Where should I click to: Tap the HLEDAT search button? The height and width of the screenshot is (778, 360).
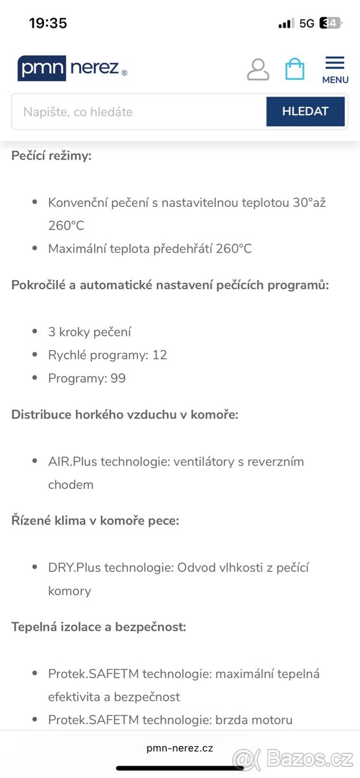coord(305,112)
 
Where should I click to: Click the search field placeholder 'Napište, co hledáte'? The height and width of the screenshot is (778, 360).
coord(78,112)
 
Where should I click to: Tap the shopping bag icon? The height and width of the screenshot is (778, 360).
coord(294,69)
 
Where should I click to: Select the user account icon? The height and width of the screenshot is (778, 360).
coord(258,69)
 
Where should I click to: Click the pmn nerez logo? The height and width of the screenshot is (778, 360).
coord(72,69)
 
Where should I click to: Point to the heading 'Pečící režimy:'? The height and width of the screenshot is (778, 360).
coord(51,156)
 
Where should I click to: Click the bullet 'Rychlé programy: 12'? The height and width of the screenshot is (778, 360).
coord(108,355)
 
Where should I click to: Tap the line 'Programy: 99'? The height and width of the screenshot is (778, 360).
coord(87,379)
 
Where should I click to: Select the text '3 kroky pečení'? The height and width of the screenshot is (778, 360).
coord(90,332)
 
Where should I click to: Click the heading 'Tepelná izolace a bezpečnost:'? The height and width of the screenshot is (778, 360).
coord(99,627)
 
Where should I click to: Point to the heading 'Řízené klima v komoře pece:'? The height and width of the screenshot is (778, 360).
coord(95,521)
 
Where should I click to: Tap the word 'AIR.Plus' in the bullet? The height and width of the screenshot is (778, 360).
coord(70,462)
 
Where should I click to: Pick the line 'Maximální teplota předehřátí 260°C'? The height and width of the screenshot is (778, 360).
coord(150,249)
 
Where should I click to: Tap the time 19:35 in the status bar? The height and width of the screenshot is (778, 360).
coord(48,23)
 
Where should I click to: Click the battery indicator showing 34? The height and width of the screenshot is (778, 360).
coord(330,23)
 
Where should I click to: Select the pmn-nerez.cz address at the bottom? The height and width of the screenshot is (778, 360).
coord(180,748)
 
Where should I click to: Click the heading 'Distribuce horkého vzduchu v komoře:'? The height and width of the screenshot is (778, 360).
coord(125,414)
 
